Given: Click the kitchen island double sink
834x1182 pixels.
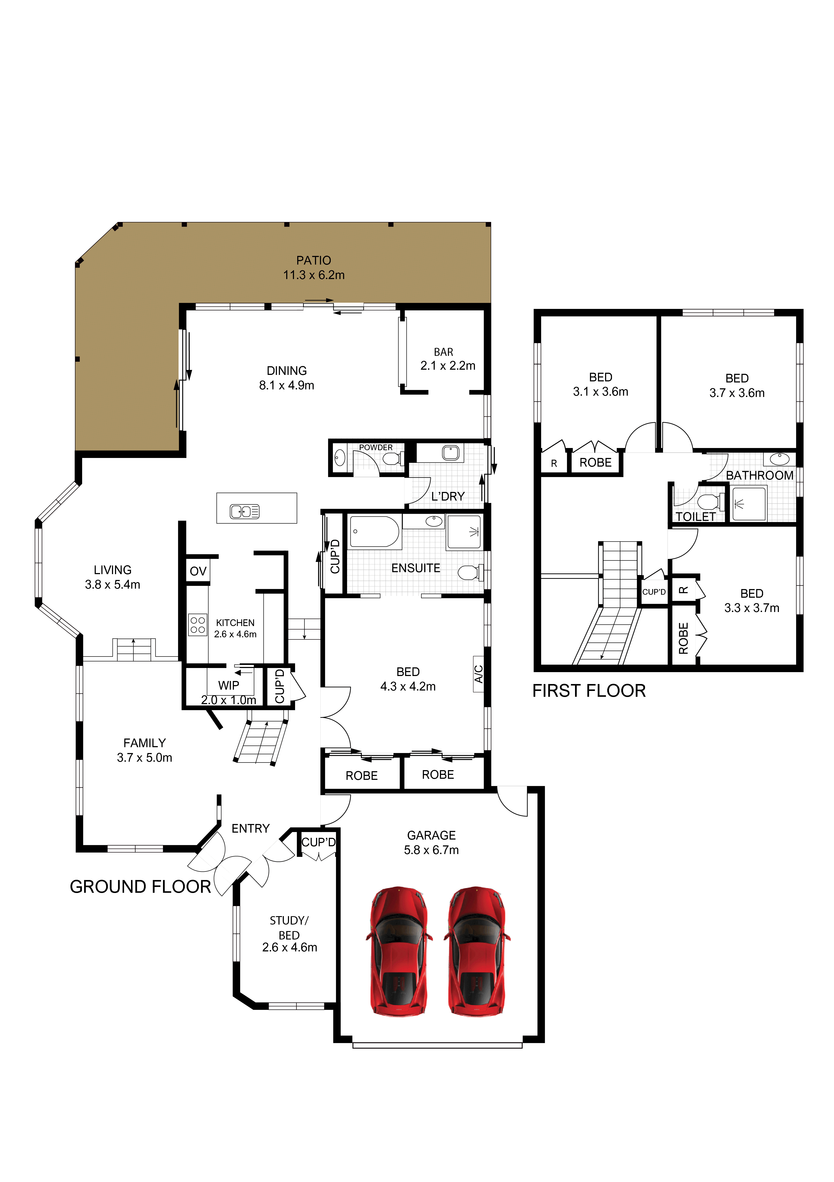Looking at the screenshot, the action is click(x=244, y=512).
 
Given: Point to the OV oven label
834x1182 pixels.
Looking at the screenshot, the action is click(x=198, y=571).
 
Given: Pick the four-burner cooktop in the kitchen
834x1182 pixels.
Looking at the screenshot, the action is click(x=198, y=625).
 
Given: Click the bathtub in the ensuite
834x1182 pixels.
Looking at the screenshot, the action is click(x=375, y=531).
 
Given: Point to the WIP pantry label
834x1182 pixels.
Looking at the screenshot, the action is click(x=228, y=685).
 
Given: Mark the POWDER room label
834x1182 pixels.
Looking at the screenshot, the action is click(x=375, y=447).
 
